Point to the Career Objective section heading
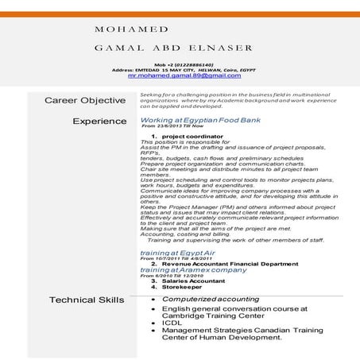point(85,100)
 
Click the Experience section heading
point(99,122)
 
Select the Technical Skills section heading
point(87,300)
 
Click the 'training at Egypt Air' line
point(176,252)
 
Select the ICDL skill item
point(171,323)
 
